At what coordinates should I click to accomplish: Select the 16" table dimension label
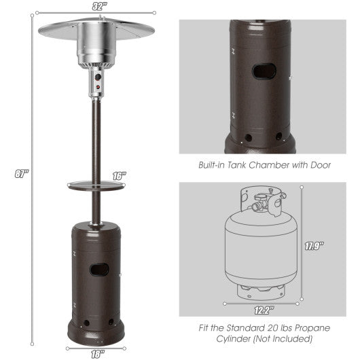click(120, 176)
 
